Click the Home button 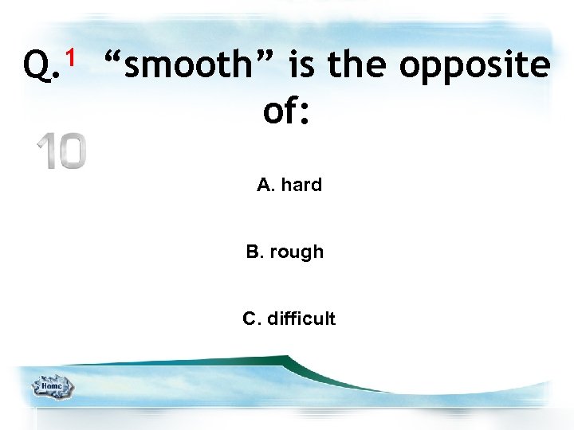52,386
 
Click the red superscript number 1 71,57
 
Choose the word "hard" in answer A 301,185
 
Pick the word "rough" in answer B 297,252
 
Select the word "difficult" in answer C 301,319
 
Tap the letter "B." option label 255,252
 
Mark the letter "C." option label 251,319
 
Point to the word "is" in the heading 301,65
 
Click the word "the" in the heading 357,65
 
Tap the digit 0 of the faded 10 71,151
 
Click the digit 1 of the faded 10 45,151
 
